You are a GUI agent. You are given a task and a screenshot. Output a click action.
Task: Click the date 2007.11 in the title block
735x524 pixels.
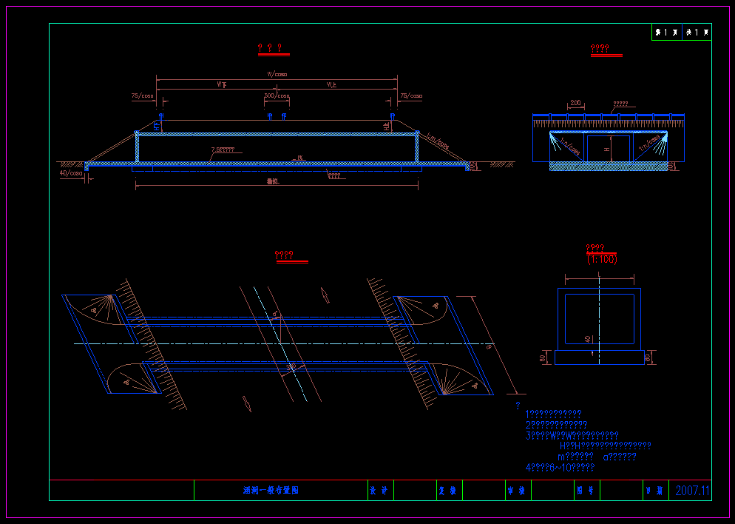click(x=692, y=491)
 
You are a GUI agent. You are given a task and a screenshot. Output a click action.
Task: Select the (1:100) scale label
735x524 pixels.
click(x=602, y=259)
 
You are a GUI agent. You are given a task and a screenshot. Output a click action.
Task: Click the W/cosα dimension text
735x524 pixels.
click(x=277, y=74)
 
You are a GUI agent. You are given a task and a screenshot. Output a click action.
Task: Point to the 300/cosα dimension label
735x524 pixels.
click(x=277, y=96)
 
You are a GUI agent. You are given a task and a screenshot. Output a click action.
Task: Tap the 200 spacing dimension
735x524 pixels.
click(x=576, y=103)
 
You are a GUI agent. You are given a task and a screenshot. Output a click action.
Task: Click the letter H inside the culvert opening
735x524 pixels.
click(x=607, y=149)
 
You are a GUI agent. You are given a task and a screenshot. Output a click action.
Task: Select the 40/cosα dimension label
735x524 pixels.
click(x=72, y=174)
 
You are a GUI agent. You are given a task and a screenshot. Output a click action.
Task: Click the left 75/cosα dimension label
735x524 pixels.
click(x=142, y=96)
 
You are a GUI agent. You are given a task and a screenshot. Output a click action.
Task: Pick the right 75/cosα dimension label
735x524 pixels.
click(x=411, y=96)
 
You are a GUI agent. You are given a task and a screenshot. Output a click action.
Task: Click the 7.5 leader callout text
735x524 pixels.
click(x=223, y=150)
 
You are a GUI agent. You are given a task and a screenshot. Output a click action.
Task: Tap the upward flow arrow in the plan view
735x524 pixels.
click(x=325, y=295)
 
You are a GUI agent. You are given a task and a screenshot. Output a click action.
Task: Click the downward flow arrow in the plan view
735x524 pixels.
click(x=247, y=403)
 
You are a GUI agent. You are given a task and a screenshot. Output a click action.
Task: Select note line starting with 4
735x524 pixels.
click(x=560, y=468)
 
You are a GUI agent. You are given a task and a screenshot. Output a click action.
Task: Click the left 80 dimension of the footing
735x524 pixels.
click(x=543, y=358)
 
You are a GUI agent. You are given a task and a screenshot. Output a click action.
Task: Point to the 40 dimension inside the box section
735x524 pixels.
click(x=588, y=339)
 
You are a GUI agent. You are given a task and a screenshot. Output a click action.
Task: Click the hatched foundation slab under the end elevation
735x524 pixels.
click(x=609, y=167)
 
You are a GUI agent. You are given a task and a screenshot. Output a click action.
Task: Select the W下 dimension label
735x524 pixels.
click(x=222, y=85)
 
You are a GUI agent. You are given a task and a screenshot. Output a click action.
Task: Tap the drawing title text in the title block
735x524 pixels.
click(x=271, y=491)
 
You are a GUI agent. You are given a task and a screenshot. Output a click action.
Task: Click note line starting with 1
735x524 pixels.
click(x=553, y=414)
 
